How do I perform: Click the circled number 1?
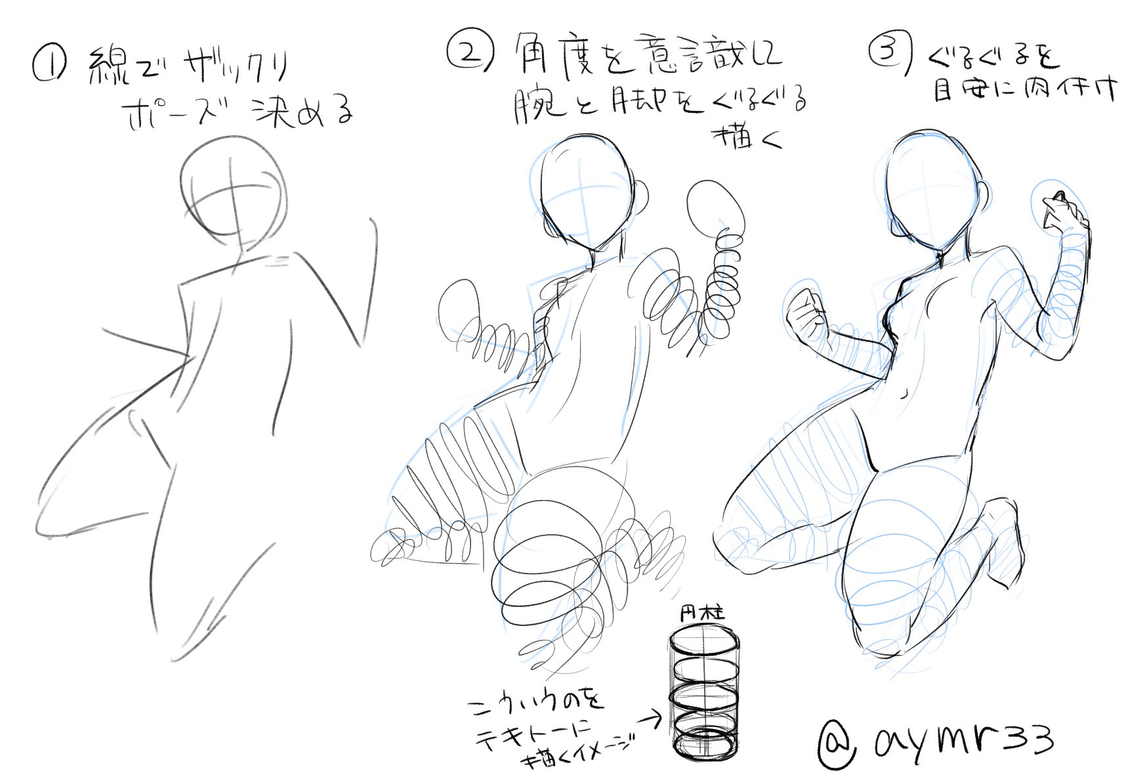click(49, 66)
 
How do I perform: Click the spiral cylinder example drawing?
click(703, 696)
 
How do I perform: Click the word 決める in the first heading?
click(302, 112)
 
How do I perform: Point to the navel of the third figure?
click(906, 394)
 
